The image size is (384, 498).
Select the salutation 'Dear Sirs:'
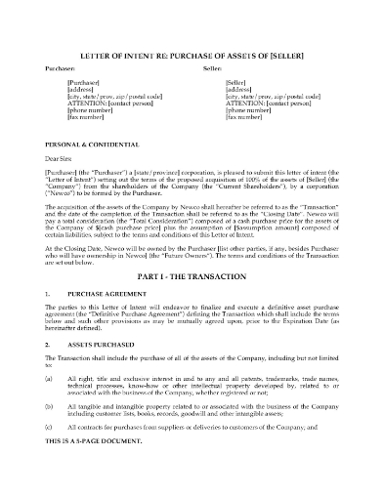60,158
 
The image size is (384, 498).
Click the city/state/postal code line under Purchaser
107,98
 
